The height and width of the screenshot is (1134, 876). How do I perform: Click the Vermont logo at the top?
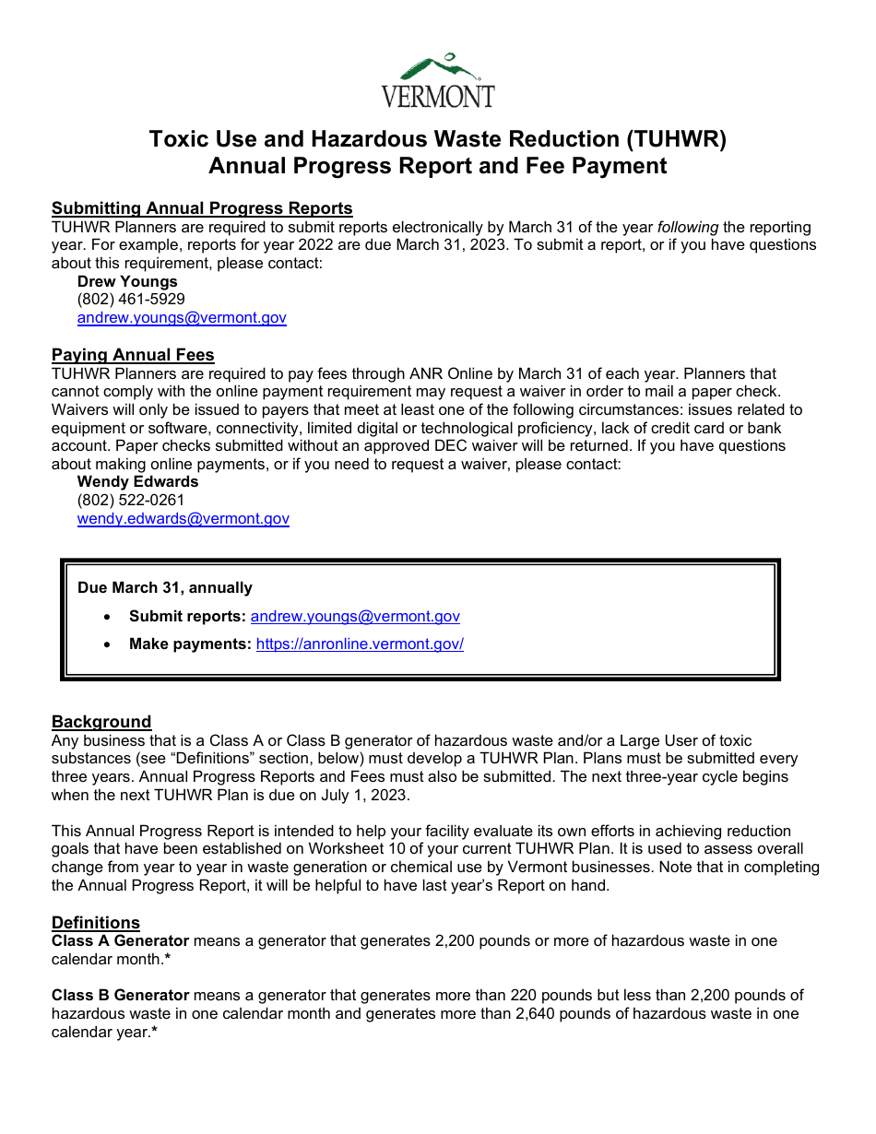pyautogui.click(x=438, y=80)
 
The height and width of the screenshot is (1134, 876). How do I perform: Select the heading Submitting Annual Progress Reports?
pyautogui.click(x=202, y=208)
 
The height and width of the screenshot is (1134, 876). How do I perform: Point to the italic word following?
pyautogui.click(x=687, y=227)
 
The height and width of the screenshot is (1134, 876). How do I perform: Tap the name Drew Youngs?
pyautogui.click(x=127, y=281)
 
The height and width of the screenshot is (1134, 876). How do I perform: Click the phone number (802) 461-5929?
pyautogui.click(x=131, y=300)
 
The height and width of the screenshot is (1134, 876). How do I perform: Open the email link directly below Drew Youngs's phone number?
pyautogui.click(x=182, y=318)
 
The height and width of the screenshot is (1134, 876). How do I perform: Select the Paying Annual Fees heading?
pyautogui.click(x=133, y=355)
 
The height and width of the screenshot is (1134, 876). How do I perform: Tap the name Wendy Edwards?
pyautogui.click(x=137, y=482)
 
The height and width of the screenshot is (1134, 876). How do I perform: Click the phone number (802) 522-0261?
pyautogui.click(x=131, y=501)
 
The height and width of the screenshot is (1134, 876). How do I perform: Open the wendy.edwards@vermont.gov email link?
pyautogui.click(x=183, y=519)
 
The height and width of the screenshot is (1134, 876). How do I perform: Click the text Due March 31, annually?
pyautogui.click(x=165, y=588)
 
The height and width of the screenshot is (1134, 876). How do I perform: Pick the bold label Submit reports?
pyautogui.click(x=187, y=617)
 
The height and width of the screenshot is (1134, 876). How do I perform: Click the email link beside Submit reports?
pyautogui.click(x=355, y=617)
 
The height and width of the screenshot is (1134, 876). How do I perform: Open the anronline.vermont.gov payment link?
pyautogui.click(x=360, y=644)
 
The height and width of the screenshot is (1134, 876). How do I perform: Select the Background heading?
pyautogui.click(x=101, y=722)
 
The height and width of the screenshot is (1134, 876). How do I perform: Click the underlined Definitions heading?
pyautogui.click(x=96, y=923)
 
